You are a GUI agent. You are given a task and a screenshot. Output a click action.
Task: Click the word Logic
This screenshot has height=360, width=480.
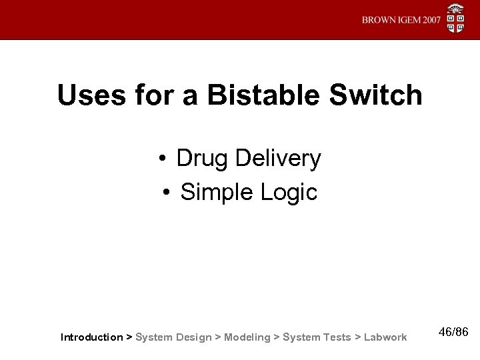pos(291,193)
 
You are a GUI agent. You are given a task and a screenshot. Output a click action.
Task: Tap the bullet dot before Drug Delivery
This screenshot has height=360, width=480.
pos(163,160)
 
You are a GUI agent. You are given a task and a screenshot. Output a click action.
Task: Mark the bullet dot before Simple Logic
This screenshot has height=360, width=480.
pos(167,193)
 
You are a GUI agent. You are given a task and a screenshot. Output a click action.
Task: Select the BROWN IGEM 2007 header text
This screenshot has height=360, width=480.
pos(401,20)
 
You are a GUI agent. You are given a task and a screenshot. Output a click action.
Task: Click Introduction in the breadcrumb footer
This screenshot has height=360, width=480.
pos(91,337)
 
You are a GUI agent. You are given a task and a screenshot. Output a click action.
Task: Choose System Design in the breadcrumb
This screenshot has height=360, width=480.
pos(173,337)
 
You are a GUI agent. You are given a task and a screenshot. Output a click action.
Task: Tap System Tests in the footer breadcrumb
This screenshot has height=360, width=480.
pos(317,337)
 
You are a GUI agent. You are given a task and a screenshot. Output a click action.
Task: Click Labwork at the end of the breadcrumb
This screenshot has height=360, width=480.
pos(385,337)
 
